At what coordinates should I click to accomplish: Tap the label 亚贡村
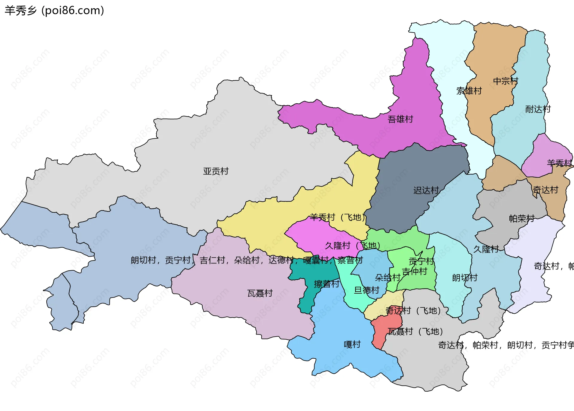[x=216, y=171]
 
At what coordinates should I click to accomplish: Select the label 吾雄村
[x=400, y=119]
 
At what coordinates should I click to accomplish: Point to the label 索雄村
[x=469, y=91]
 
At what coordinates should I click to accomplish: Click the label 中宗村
[x=505, y=81]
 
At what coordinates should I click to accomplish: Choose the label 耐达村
[x=538, y=109]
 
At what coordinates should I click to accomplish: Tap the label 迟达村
[x=426, y=190]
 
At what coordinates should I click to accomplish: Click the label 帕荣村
[x=521, y=218]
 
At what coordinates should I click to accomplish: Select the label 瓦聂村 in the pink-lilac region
[x=260, y=293]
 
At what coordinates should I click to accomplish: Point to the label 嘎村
[x=352, y=344]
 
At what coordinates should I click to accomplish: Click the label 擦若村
[x=326, y=284]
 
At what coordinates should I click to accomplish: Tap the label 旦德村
[x=366, y=290]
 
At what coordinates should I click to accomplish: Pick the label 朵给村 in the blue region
[x=387, y=278]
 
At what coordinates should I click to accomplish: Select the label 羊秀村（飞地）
[x=338, y=217]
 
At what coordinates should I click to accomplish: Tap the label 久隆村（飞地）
[x=352, y=246]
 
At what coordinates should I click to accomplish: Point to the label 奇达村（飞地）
[x=413, y=311]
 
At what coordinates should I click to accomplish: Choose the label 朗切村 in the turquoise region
[x=465, y=278]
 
